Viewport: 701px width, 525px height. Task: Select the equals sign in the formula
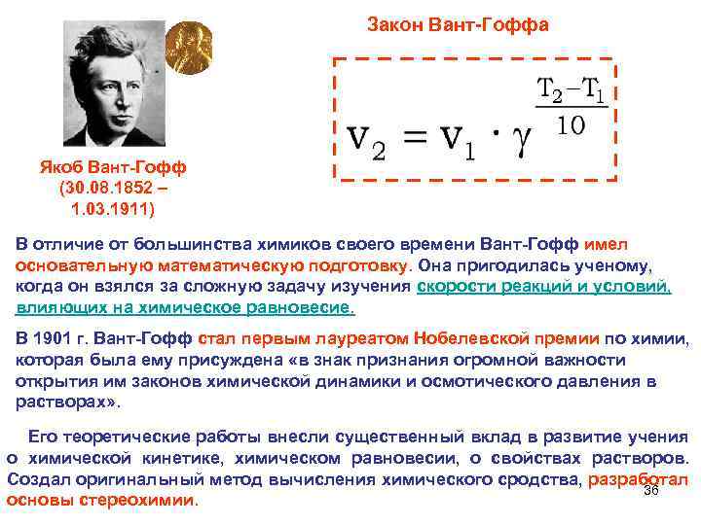coord(415,140)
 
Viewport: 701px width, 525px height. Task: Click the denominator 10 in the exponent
coord(572,127)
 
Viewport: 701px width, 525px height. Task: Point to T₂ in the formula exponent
coord(551,90)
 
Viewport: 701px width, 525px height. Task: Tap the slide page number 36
coord(652,490)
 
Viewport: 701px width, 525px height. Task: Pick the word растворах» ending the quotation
coord(67,402)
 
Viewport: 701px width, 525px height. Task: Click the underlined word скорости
coord(455,287)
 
